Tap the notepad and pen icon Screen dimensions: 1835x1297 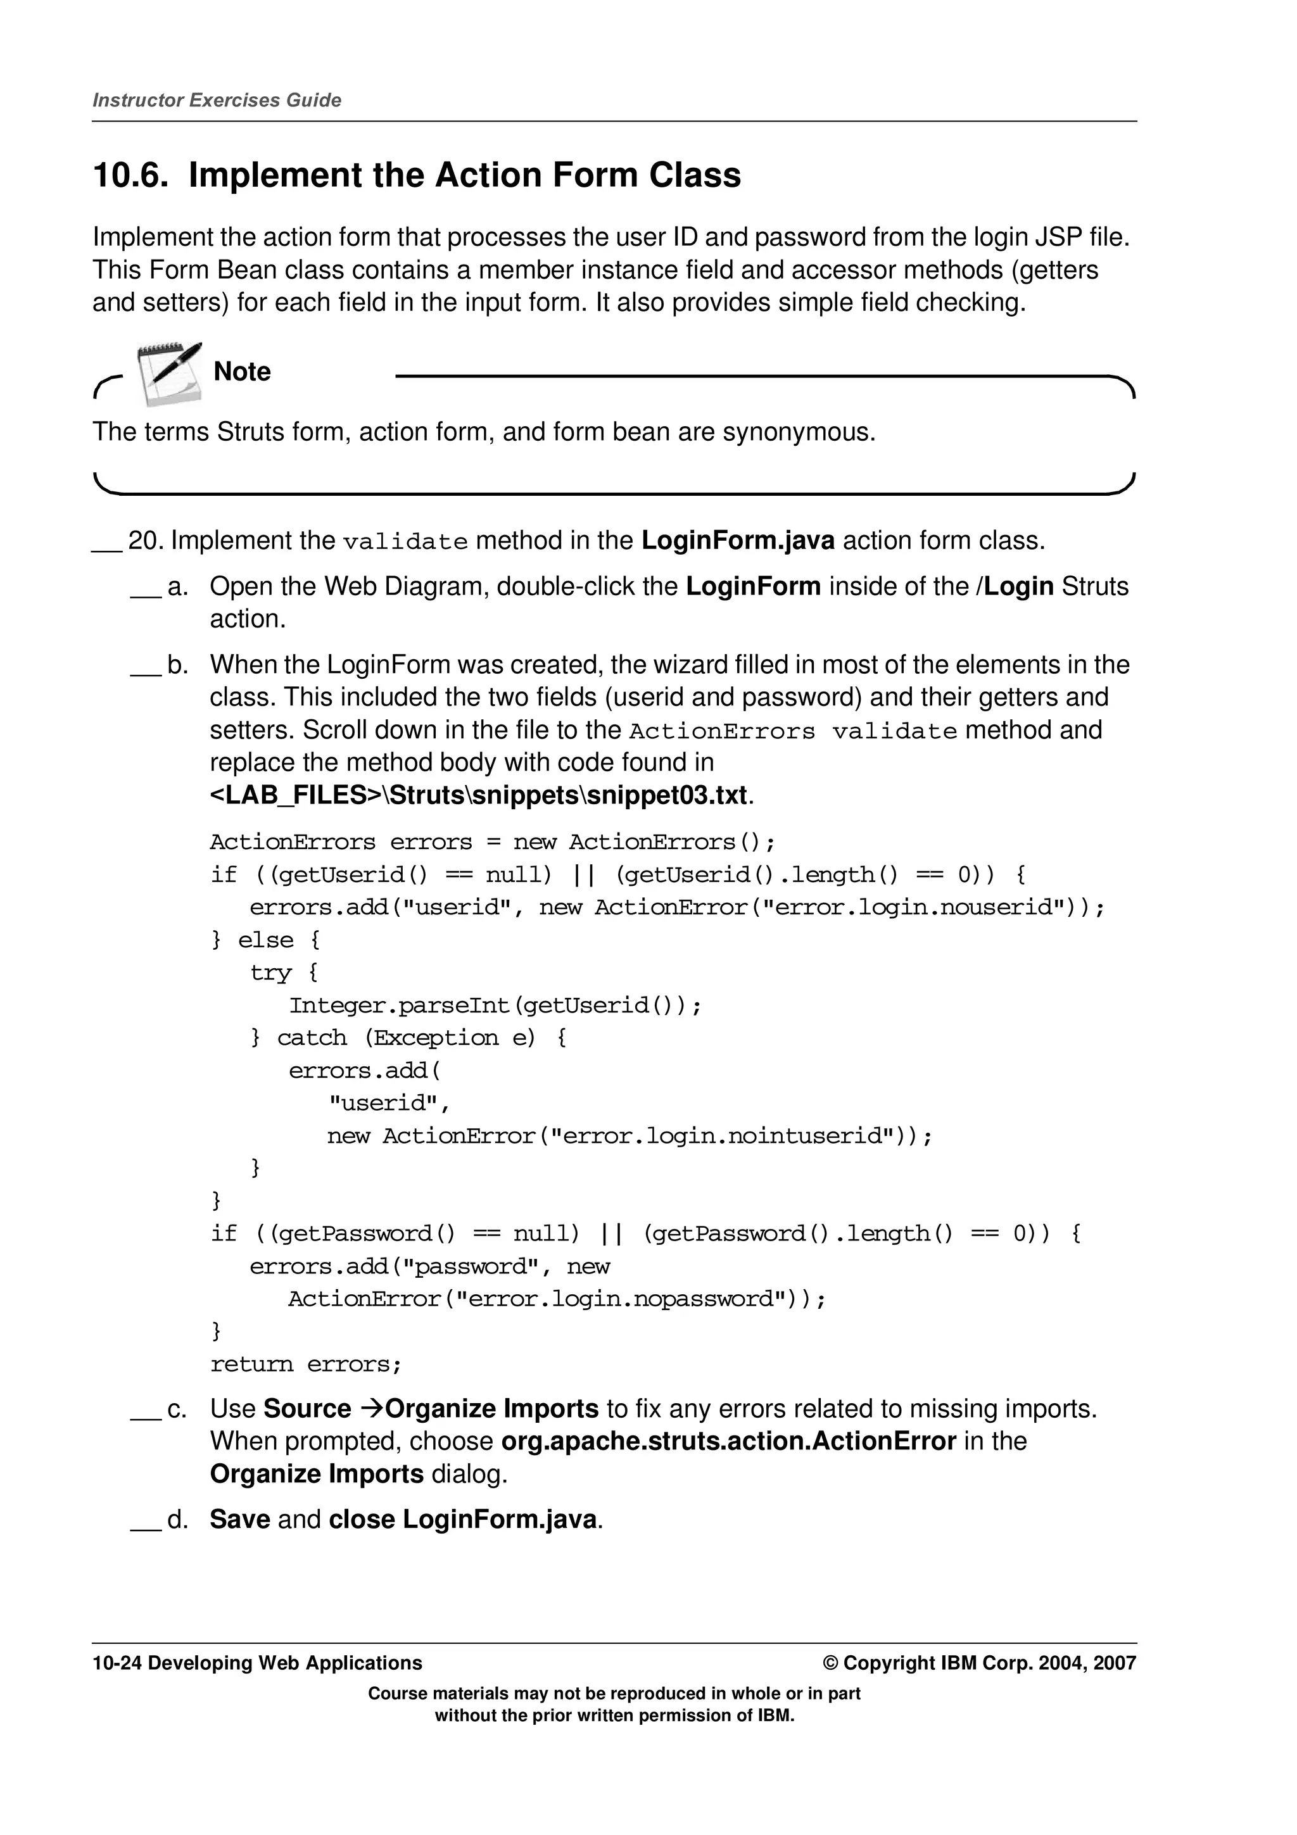[168, 373]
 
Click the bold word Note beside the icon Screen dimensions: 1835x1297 [242, 372]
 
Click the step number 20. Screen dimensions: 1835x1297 [144, 541]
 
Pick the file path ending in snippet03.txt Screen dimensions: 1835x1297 [479, 795]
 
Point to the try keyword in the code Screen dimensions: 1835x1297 [270, 973]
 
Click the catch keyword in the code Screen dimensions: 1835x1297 [312, 1038]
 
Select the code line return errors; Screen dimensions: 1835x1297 [305, 1365]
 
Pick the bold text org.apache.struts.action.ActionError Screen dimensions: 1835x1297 [728, 1442]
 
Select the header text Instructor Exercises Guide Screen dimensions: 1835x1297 [217, 101]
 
